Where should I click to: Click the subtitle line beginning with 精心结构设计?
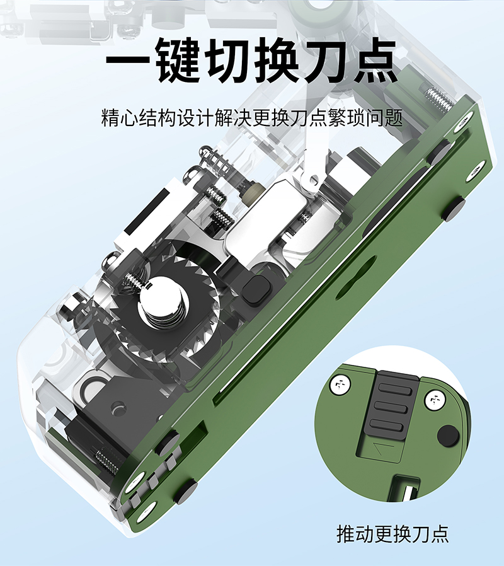252,117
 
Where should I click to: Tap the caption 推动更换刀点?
392,534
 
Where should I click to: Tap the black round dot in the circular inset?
448,436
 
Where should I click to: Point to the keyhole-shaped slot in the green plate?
355,277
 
